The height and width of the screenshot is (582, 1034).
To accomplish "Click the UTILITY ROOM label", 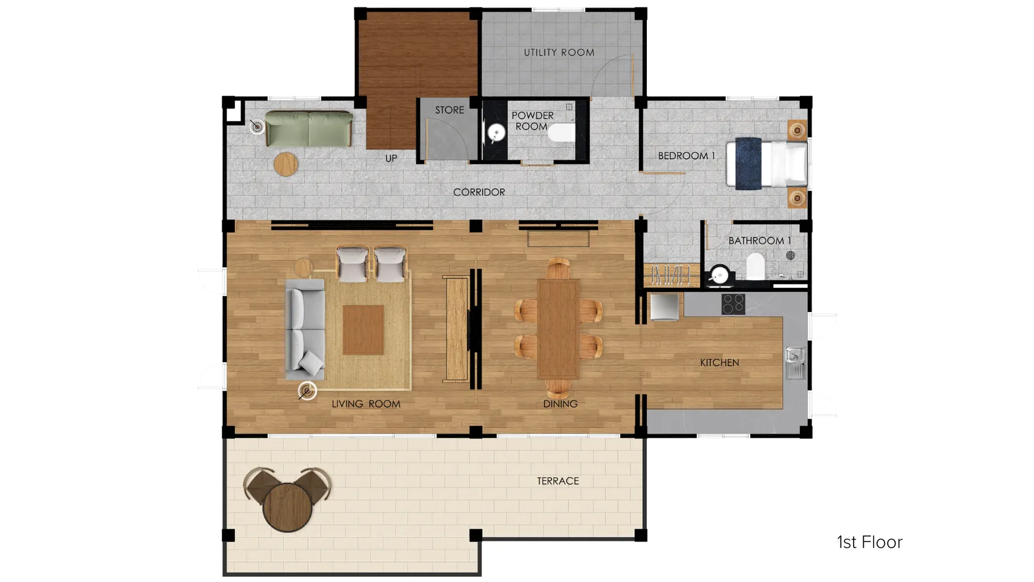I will pyautogui.click(x=558, y=52).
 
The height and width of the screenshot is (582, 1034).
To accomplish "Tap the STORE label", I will pyautogui.click(x=449, y=110).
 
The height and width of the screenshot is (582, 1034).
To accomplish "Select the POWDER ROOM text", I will pyautogui.click(x=532, y=121).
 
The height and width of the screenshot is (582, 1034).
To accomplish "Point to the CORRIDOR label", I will pyautogui.click(x=479, y=192).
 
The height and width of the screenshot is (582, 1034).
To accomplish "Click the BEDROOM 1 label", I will pyautogui.click(x=686, y=156).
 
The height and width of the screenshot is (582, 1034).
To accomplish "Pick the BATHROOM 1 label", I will pyautogui.click(x=759, y=241).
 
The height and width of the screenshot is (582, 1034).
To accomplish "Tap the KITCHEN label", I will pyautogui.click(x=719, y=363).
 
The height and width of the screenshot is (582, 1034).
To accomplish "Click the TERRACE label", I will pyautogui.click(x=558, y=481).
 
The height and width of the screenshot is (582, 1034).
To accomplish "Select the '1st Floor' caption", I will pyautogui.click(x=869, y=542).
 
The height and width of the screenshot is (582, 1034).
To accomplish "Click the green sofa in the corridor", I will pyautogui.click(x=308, y=129).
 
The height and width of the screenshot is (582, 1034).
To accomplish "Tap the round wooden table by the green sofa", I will pyautogui.click(x=285, y=164).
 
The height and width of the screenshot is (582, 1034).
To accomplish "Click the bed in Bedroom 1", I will pyautogui.click(x=766, y=164).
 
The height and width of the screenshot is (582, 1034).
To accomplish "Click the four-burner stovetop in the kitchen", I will pyautogui.click(x=733, y=304).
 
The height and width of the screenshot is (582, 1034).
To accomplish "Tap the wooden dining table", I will pyautogui.click(x=558, y=329).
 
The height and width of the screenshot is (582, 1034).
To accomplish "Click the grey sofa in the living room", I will pyautogui.click(x=304, y=330).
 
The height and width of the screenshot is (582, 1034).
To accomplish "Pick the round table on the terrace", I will pyautogui.click(x=287, y=507).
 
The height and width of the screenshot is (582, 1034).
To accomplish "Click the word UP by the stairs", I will pyautogui.click(x=391, y=158).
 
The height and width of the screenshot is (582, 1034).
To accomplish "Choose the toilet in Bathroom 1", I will pyautogui.click(x=755, y=267).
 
